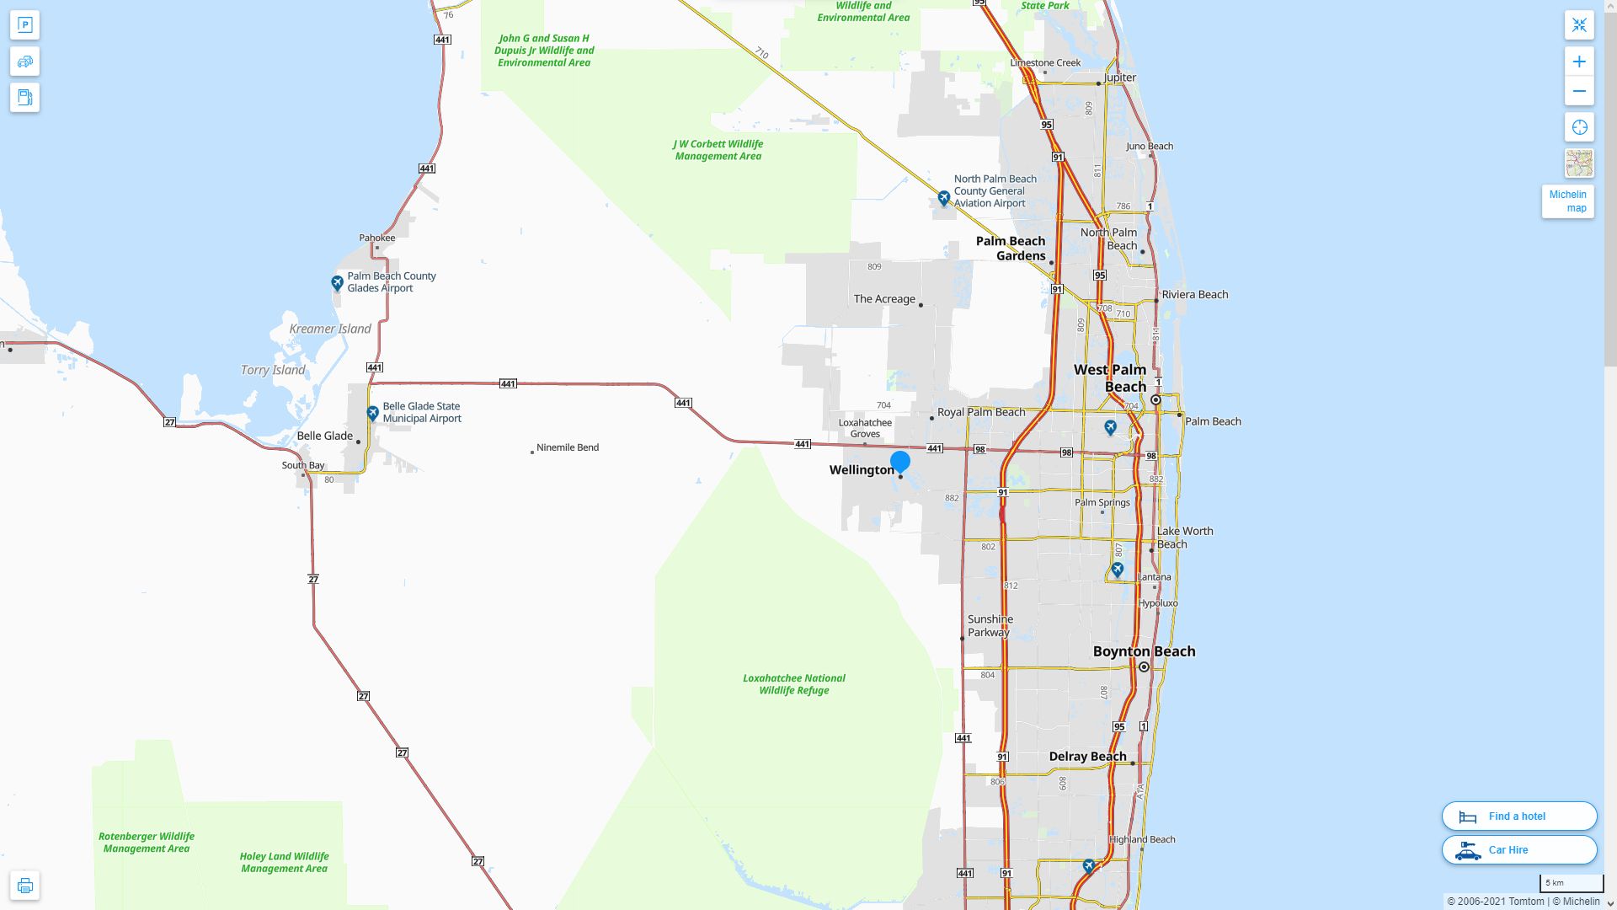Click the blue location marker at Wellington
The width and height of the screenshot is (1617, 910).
pos(900,462)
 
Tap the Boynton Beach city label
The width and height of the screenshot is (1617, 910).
pos(1144,651)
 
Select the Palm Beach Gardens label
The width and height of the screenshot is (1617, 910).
pos(1011,249)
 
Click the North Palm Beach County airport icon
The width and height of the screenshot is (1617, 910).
pos(943,198)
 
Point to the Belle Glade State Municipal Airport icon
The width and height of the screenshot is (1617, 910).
pos(372,413)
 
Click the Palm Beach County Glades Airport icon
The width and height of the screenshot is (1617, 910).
pos(337,282)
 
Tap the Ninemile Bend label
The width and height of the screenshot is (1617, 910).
pos(567,447)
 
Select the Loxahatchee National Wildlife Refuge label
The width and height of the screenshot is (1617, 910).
pos(793,684)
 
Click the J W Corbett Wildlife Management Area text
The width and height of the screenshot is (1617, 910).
pos(718,150)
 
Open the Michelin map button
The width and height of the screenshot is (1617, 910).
pos(1567,201)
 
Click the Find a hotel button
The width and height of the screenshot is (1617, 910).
pos(1518,816)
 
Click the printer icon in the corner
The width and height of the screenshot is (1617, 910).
pos(24,886)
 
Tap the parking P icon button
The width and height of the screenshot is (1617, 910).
pos(24,25)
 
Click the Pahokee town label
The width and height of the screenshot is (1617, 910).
pos(376,238)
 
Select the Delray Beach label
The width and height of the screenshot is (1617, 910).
pos(1087,757)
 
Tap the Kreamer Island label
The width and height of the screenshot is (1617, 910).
pos(329,329)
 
